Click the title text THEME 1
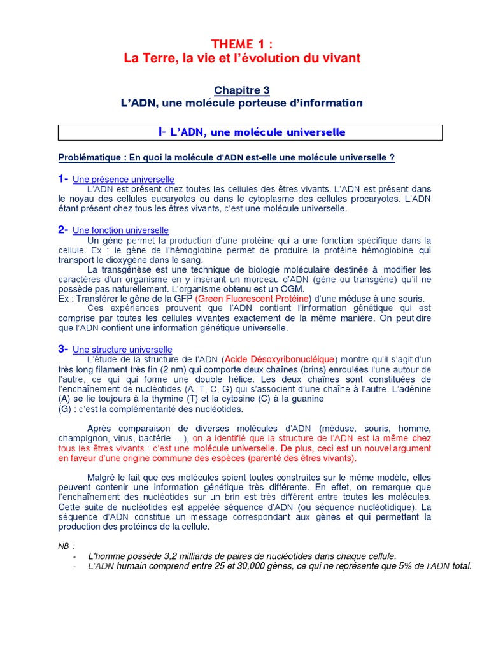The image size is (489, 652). [x=242, y=43]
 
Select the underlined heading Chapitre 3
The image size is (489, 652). [x=241, y=90]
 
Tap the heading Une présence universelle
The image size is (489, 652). [x=124, y=180]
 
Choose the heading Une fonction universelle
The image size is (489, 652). [x=121, y=230]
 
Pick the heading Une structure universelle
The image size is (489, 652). [x=123, y=350]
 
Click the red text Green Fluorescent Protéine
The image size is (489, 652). [x=253, y=299]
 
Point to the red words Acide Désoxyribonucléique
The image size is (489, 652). [x=280, y=360]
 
